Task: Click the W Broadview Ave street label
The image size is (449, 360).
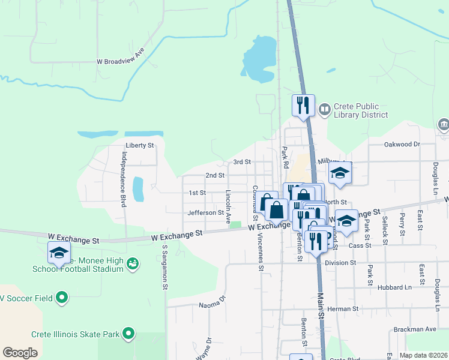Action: click(121, 61)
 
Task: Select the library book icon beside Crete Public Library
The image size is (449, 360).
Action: click(325, 109)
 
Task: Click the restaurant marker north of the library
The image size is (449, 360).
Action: click(303, 106)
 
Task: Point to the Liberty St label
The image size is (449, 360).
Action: click(140, 145)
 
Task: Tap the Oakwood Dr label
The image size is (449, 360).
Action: click(402, 144)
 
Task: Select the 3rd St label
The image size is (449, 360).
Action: click(241, 162)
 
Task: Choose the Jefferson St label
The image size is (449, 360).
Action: click(205, 212)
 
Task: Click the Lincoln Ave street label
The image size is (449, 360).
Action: click(228, 207)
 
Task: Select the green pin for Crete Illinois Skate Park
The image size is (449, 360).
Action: click(128, 334)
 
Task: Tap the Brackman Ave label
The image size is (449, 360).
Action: click(415, 329)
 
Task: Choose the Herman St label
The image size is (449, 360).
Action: click(346, 309)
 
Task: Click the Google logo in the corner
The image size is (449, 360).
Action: click(20, 352)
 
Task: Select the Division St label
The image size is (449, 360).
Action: click(340, 263)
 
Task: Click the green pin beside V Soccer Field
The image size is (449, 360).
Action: click(61, 297)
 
